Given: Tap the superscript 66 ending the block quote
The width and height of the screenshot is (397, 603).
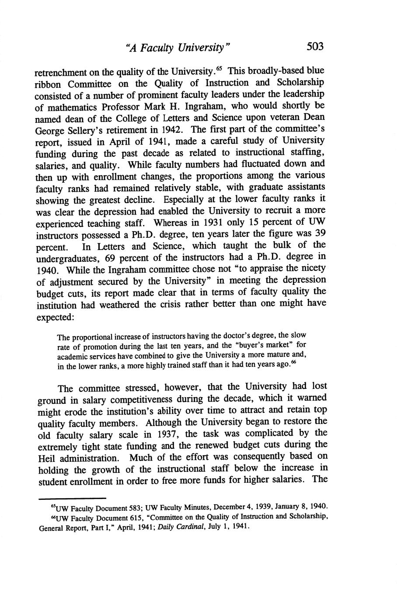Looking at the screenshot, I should point(293,363).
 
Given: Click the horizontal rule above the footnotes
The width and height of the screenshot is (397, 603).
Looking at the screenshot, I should point(72,498).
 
